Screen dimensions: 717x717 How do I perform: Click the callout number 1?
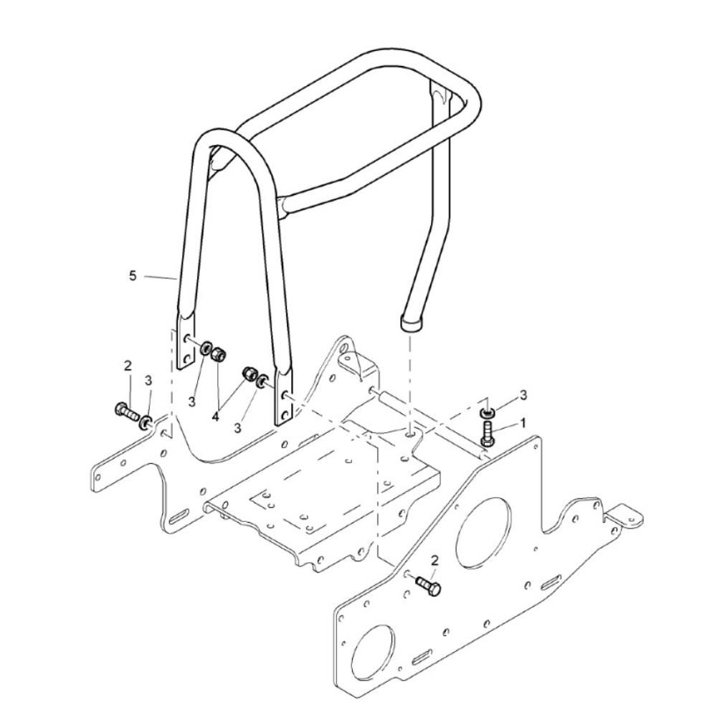click(523, 423)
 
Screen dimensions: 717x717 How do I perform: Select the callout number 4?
click(215, 417)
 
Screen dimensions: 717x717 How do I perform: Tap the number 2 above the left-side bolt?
click(128, 366)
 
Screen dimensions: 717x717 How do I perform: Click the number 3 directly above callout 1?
click(523, 394)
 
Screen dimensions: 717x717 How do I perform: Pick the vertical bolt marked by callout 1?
click(488, 433)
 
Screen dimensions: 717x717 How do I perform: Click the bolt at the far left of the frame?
click(125, 412)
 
